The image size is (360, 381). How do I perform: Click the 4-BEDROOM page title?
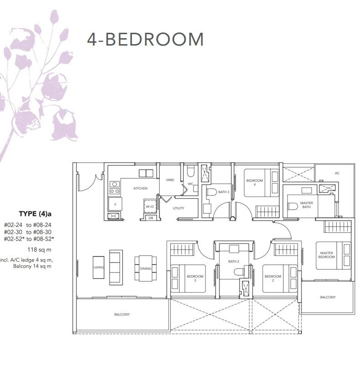pos(145,39)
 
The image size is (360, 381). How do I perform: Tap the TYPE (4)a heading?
pos(35,214)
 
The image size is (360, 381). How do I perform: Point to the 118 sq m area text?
pos(39,250)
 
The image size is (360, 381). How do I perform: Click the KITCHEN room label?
pos(141,188)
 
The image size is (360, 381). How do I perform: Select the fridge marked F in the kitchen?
pos(115,204)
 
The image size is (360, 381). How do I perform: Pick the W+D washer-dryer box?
pos(150,206)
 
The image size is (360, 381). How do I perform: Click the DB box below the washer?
pos(151,218)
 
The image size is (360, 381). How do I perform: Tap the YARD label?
pos(170,180)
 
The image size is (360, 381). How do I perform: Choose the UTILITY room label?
pos(178,208)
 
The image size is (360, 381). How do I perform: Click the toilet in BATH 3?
pos(211,192)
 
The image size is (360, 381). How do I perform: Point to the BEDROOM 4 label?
pos(255,182)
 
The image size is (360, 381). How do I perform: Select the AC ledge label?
pos(337,173)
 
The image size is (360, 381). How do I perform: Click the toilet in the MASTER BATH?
pos(292,206)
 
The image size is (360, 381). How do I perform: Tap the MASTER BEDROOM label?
pos(326,255)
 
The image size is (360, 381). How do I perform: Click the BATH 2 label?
pos(234,262)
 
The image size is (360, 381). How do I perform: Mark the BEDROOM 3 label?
pos(195,278)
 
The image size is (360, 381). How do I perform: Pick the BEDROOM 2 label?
pos(273,278)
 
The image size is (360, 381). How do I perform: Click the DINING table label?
pos(146,268)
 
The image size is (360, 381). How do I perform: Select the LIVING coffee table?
pos(99,267)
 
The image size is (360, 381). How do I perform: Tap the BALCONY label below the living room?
pos(122,314)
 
